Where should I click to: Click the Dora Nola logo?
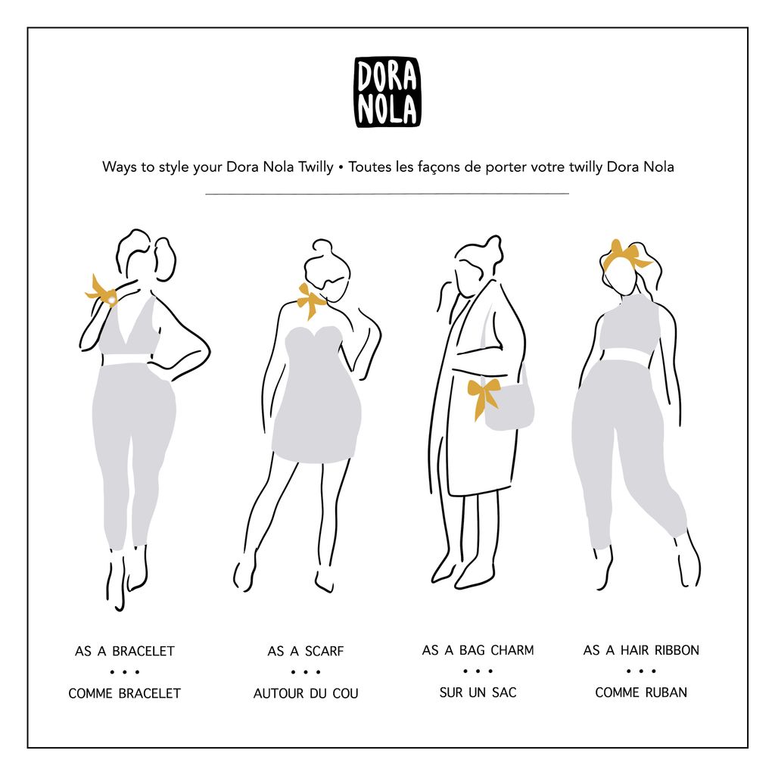click(x=387, y=92)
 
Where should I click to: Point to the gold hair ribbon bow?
click(x=625, y=256)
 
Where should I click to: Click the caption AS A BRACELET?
click(x=125, y=651)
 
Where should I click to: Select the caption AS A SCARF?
click(x=306, y=651)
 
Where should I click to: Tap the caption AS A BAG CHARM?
click(x=478, y=650)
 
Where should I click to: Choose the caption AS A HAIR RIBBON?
click(x=641, y=650)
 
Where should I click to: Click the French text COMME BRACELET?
click(x=125, y=693)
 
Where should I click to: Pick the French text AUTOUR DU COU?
click(x=306, y=693)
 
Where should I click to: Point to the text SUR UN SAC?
click(x=478, y=693)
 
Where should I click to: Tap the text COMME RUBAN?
click(x=641, y=693)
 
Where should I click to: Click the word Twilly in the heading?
click(x=316, y=167)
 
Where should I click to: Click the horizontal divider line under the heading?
click(x=387, y=194)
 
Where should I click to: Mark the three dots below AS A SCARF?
click(x=306, y=672)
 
